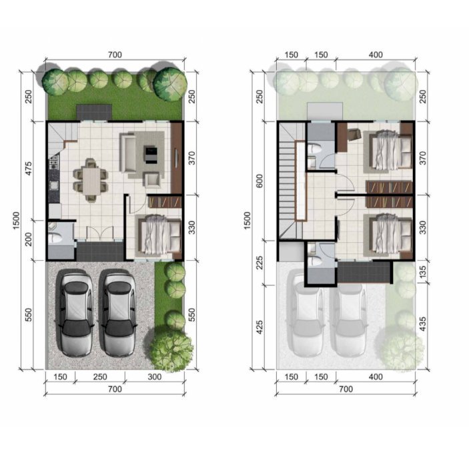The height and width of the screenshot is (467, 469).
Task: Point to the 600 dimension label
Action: point(260,181)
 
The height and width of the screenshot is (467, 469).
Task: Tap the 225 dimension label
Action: point(260,262)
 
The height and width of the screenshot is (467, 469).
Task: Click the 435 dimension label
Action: point(423,324)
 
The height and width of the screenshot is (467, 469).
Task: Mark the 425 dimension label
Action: point(260,327)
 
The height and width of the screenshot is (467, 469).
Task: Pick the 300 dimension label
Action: point(154,377)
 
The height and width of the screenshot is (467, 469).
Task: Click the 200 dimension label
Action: point(28,240)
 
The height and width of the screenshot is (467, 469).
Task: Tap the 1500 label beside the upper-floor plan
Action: point(247,220)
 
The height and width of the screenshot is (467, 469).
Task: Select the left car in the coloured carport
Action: point(76,313)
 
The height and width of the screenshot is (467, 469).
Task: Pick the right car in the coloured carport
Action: point(119,313)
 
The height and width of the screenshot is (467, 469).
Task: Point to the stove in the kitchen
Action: point(54,162)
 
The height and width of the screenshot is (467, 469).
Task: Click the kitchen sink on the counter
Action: point(54,185)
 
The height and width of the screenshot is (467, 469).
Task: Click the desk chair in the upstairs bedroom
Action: point(355,133)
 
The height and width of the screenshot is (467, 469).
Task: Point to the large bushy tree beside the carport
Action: point(170,350)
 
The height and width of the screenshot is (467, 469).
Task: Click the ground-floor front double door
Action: point(100,233)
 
